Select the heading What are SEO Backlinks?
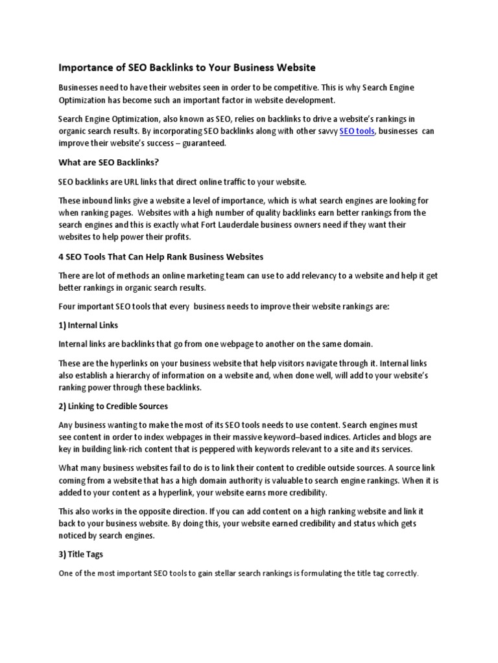click(x=108, y=162)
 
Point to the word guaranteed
click(x=204, y=144)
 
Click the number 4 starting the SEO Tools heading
click(x=61, y=257)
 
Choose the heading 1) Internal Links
click(x=88, y=324)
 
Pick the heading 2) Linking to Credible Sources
click(x=113, y=406)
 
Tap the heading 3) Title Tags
click(x=81, y=554)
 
